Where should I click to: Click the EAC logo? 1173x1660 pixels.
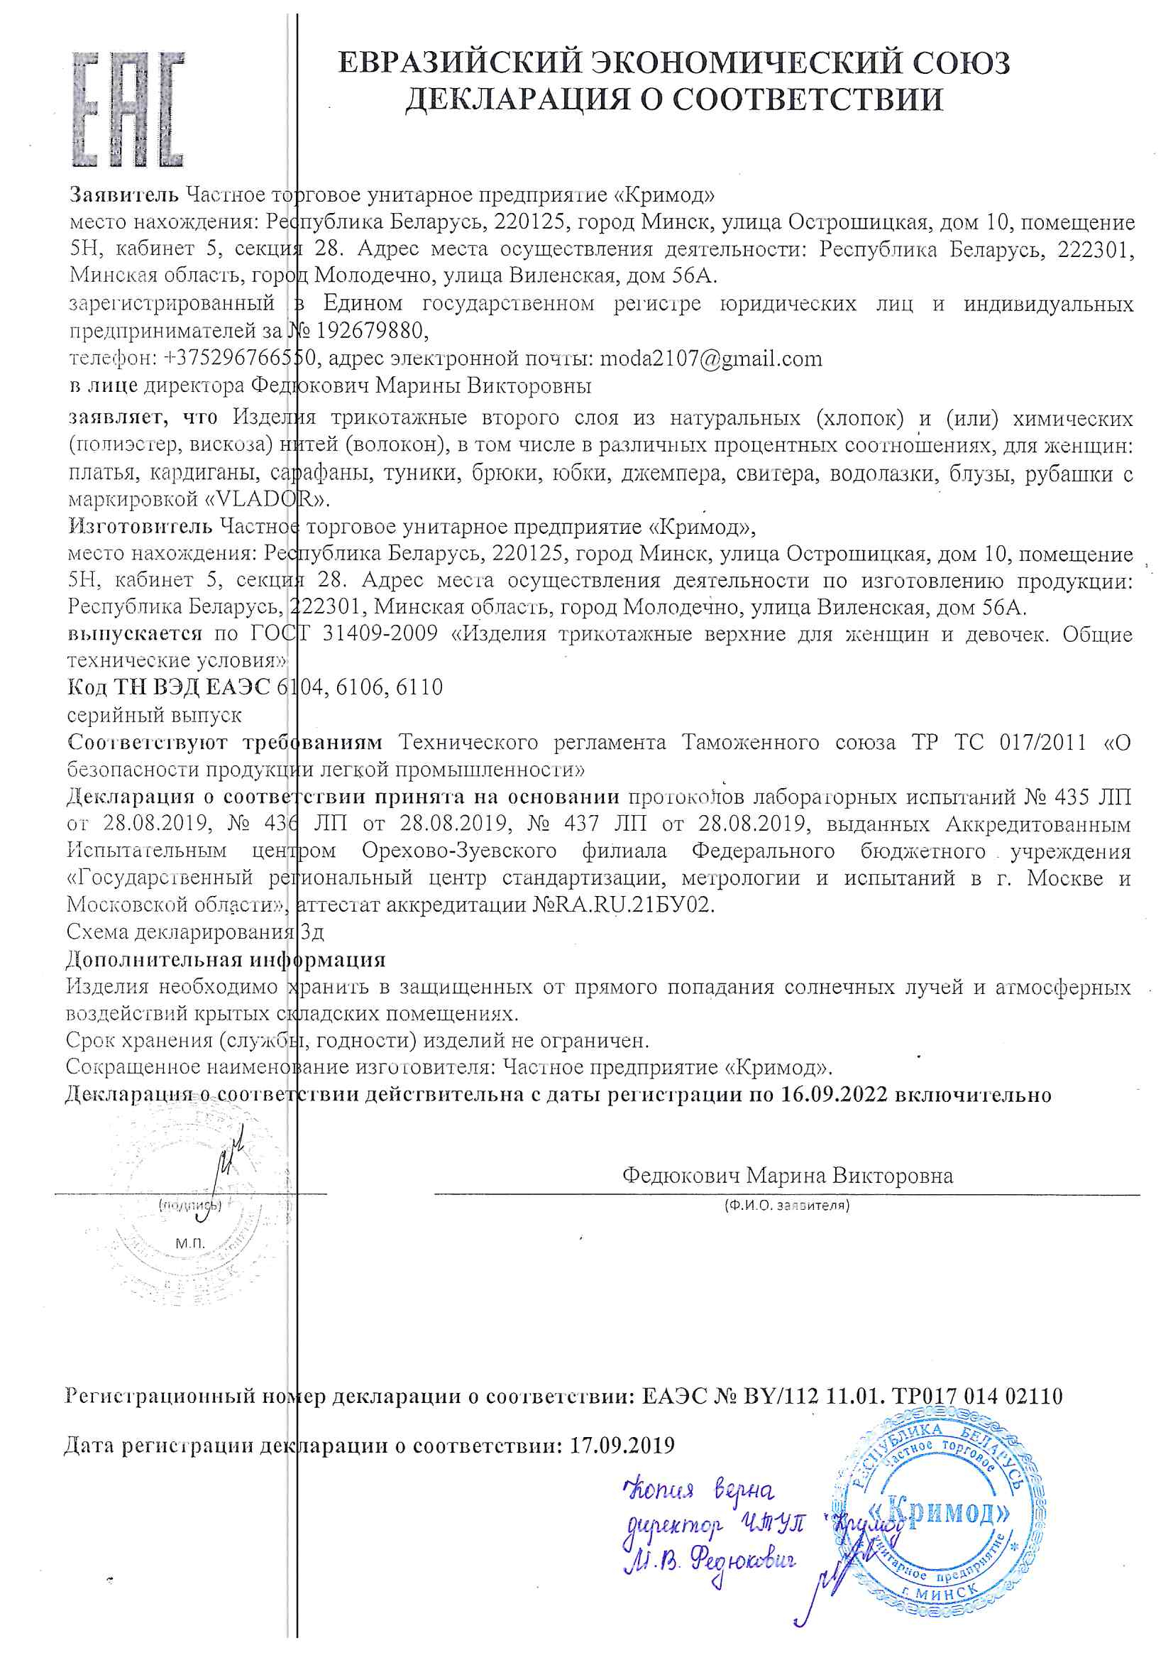pyautogui.click(x=128, y=109)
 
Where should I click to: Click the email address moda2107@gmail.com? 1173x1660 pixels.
pyautogui.click(x=711, y=359)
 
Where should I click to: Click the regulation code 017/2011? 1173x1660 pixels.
pyautogui.click(x=1043, y=743)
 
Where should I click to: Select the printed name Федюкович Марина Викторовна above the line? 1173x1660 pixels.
pyautogui.click(x=788, y=1176)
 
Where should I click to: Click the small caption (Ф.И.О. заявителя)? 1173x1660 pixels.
pyautogui.click(x=787, y=1205)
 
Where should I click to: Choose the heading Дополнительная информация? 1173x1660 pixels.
pyautogui.click(x=226, y=959)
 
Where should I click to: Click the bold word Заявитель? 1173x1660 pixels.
pyautogui.click(x=123, y=195)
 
